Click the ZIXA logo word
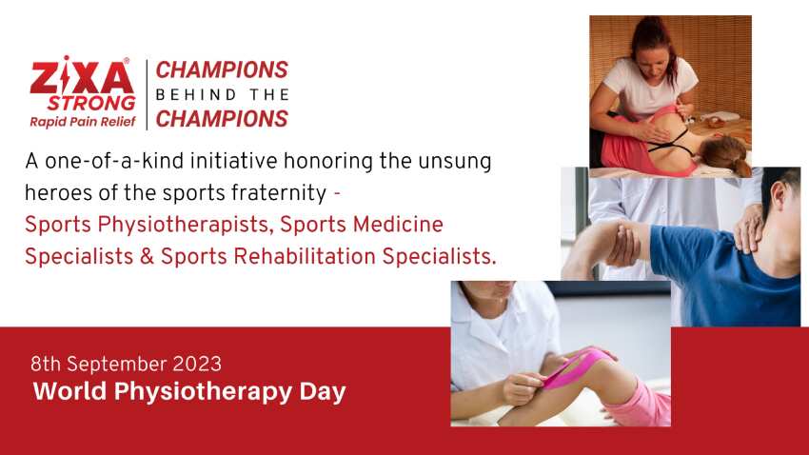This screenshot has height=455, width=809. (x=83, y=75)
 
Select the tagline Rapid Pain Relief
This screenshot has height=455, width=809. (x=82, y=121)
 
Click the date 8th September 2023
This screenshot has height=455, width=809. (x=126, y=364)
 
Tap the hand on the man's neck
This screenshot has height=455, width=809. (x=752, y=225)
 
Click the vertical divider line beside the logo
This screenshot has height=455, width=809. (x=147, y=94)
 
